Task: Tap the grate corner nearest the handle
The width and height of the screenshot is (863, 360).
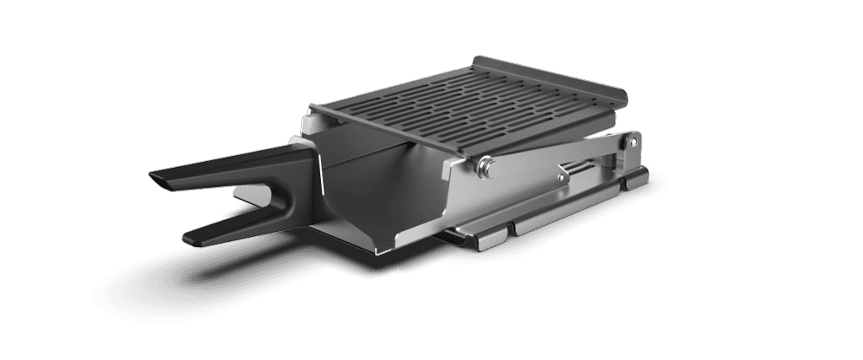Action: click(314, 110)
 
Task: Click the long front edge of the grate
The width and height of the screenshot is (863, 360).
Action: click(396, 131)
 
